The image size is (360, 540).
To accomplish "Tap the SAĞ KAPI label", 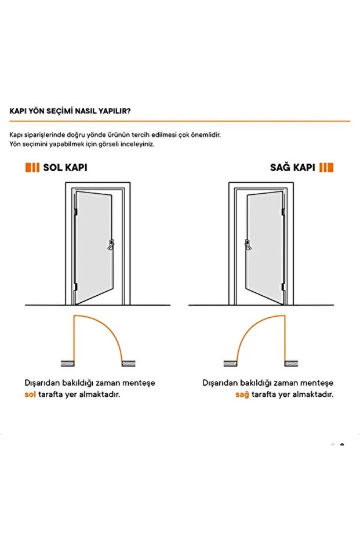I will point(293,168).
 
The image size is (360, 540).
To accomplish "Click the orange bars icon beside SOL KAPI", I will point(32,168).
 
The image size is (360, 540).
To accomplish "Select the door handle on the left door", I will point(110,245).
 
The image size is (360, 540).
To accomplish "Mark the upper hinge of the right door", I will point(283,212).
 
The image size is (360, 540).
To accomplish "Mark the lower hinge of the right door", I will point(283,285).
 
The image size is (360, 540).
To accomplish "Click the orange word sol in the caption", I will point(30,394).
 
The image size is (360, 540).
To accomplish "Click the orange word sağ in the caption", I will point(242,394).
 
